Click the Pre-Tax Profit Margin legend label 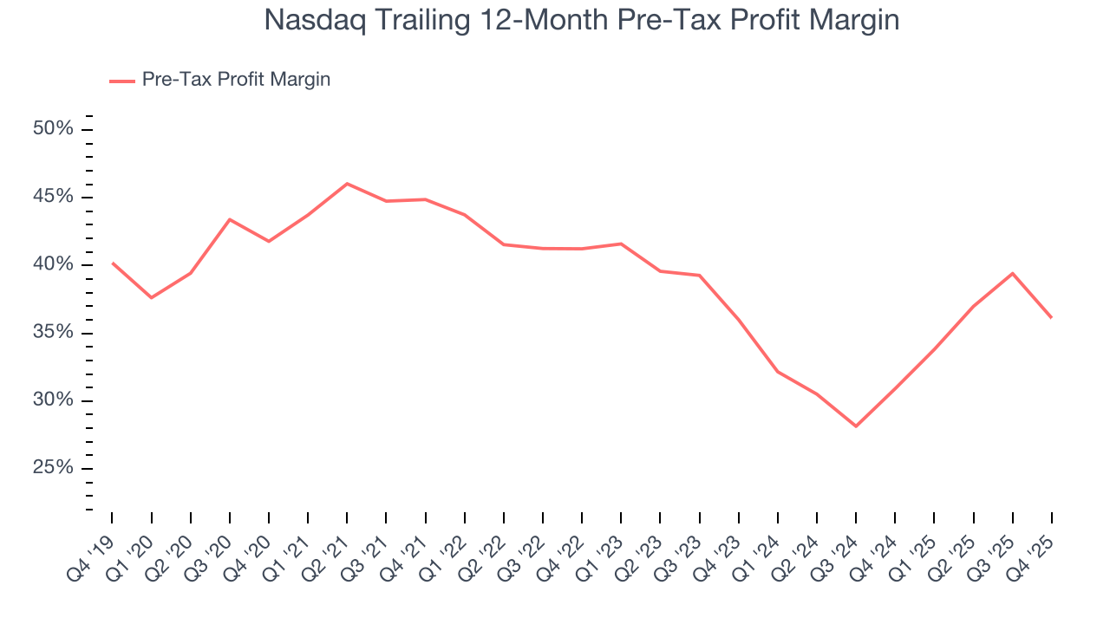tap(236, 80)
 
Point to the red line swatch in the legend tap(122, 81)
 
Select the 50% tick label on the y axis tap(53, 129)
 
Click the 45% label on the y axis tap(53, 197)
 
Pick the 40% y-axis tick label tap(53, 264)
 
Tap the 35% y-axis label tap(53, 333)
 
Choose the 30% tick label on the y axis tap(53, 400)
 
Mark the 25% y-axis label tap(53, 468)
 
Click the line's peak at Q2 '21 tap(347, 184)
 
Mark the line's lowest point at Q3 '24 tap(856, 426)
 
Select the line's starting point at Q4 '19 tap(113, 263)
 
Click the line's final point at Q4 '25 tap(1051, 317)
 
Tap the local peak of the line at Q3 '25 tap(1012, 273)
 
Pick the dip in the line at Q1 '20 tap(152, 297)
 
